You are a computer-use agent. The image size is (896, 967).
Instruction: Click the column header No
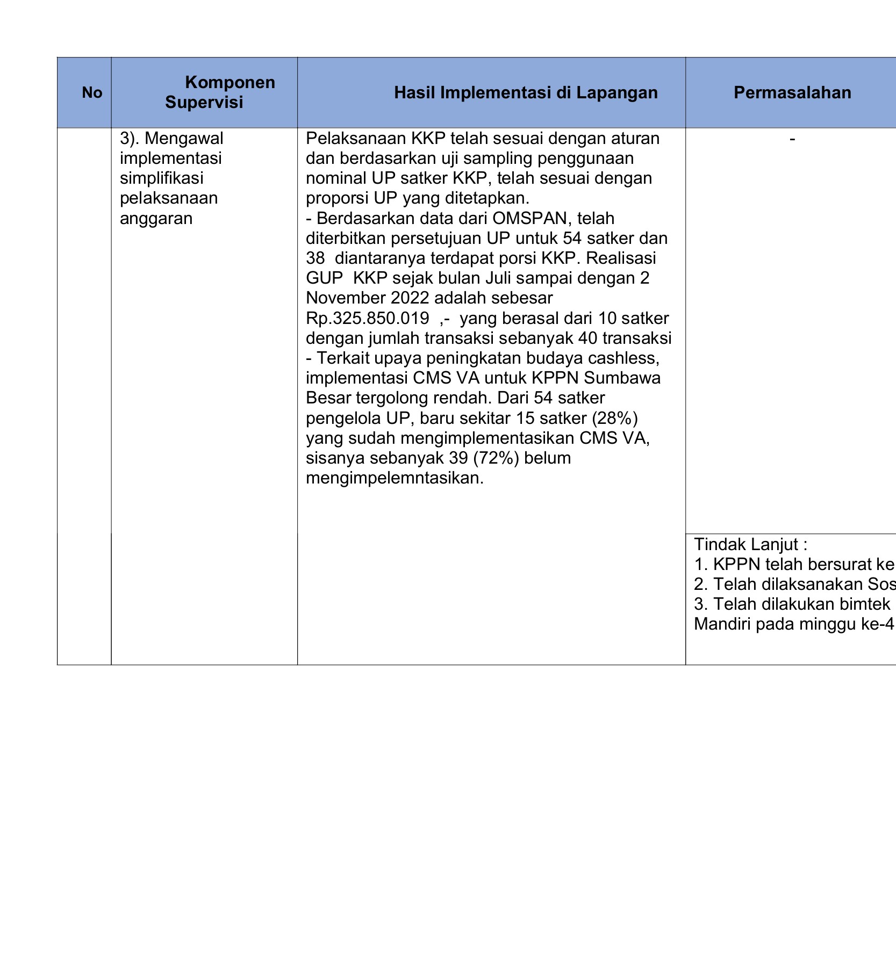pyautogui.click(x=92, y=92)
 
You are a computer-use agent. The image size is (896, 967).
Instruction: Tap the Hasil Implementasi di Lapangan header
pyautogui.click(x=526, y=92)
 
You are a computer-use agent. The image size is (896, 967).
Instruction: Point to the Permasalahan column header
pyautogui.click(x=792, y=92)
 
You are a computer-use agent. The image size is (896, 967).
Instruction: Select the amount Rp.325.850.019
pyautogui.click(x=367, y=318)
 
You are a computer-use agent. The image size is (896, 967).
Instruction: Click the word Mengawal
pyautogui.click(x=184, y=138)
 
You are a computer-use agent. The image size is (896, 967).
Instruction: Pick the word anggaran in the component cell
pyautogui.click(x=156, y=218)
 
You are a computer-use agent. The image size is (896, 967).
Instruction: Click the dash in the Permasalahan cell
pyautogui.click(x=792, y=139)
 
